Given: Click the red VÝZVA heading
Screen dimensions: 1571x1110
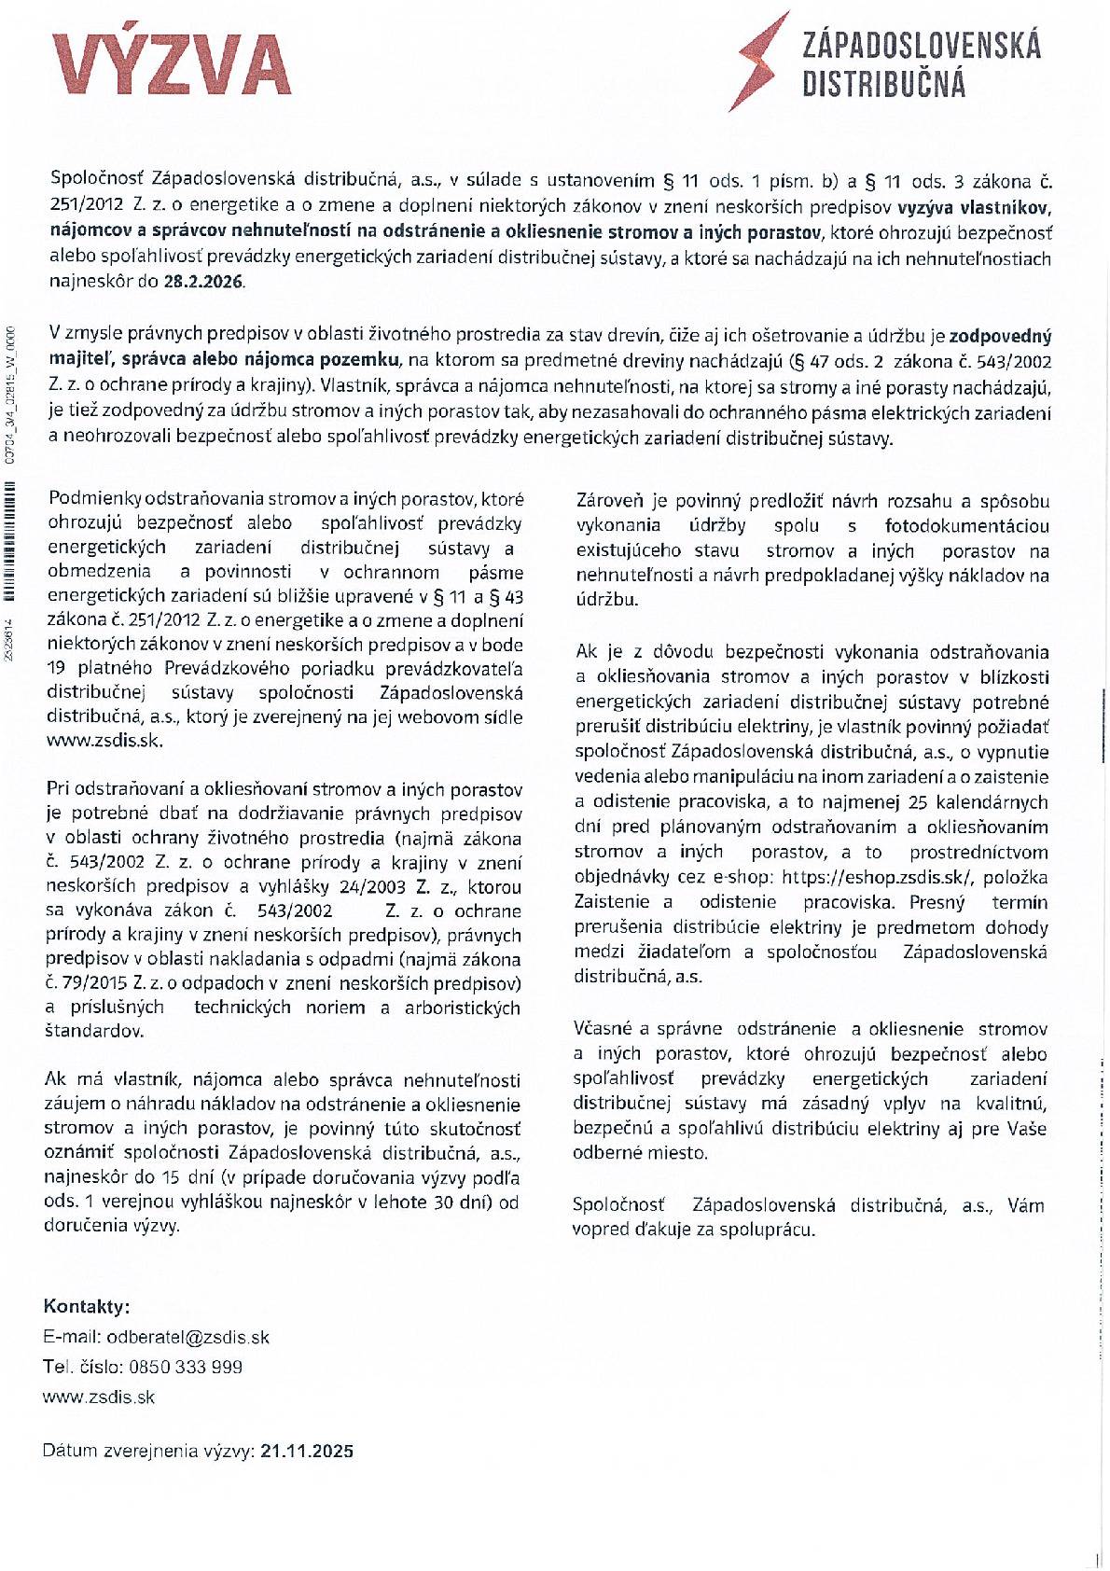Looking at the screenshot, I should click(x=173, y=65).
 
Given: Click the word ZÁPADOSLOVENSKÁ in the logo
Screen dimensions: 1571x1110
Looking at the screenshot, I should click(x=921, y=45).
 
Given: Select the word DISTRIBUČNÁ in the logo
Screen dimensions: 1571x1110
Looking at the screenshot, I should click(x=883, y=85).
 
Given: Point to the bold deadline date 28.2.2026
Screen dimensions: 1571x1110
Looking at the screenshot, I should click(x=204, y=282).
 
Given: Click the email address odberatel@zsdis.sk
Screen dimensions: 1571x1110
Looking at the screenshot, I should click(x=187, y=1337).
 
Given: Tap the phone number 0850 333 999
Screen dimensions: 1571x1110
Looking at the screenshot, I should click(x=186, y=1367).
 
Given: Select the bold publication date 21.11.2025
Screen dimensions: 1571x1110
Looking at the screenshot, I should click(x=307, y=1451).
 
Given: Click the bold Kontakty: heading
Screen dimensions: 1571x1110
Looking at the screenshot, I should click(x=87, y=1306).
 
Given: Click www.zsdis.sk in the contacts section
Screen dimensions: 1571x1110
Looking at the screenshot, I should click(x=99, y=1397).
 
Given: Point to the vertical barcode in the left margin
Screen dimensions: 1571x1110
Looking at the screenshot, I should click(x=10, y=541).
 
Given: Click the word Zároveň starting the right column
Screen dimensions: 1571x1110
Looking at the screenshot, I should click(x=611, y=501).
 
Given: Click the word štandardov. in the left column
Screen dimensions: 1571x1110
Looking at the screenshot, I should click(x=94, y=1031).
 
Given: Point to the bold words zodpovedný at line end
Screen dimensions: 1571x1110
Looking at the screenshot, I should click(x=1000, y=336).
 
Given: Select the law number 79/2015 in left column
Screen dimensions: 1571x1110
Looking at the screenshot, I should click(x=96, y=983).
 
